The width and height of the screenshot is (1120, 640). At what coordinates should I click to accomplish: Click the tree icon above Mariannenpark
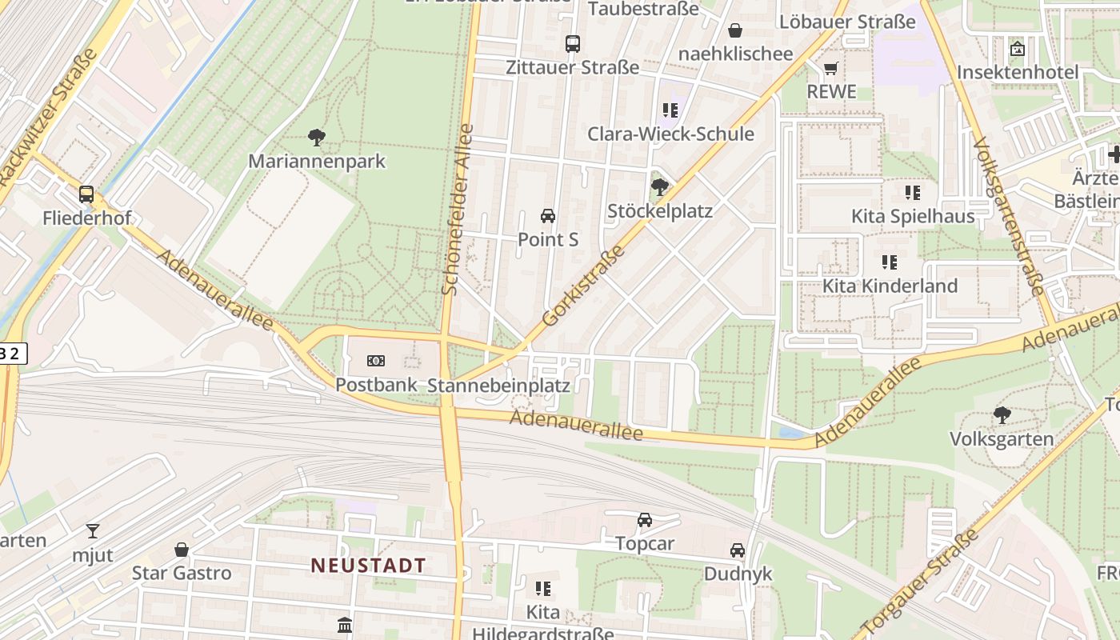(x=317, y=137)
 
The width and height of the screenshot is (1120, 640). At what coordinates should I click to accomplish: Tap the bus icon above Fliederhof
(x=86, y=194)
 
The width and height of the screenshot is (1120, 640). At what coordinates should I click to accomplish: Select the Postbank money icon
(x=375, y=361)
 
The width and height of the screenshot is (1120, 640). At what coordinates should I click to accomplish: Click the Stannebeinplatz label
(x=498, y=386)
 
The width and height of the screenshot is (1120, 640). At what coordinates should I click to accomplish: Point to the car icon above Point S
(x=548, y=215)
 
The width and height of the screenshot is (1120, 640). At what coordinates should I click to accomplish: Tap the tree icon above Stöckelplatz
(x=659, y=187)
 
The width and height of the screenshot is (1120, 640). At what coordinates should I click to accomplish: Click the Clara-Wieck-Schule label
(x=670, y=134)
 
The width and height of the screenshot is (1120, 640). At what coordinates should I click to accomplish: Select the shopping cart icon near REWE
(x=831, y=69)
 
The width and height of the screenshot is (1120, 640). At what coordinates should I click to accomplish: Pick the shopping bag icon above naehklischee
(x=735, y=30)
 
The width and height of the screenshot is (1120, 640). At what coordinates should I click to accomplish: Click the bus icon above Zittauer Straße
(x=572, y=43)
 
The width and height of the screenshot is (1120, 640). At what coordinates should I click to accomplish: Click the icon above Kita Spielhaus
(x=912, y=192)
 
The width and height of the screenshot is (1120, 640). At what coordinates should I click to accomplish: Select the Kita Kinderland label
(x=890, y=286)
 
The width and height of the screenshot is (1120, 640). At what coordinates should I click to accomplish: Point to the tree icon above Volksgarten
(x=1002, y=414)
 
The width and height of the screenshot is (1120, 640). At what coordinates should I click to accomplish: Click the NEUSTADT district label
(x=369, y=565)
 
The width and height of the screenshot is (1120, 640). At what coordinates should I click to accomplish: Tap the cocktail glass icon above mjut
(x=93, y=530)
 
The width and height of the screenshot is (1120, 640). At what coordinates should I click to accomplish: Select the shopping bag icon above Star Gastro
(x=182, y=550)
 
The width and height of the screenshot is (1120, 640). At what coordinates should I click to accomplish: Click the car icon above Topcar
(x=645, y=520)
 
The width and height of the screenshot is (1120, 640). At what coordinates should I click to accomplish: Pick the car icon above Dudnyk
(x=738, y=550)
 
